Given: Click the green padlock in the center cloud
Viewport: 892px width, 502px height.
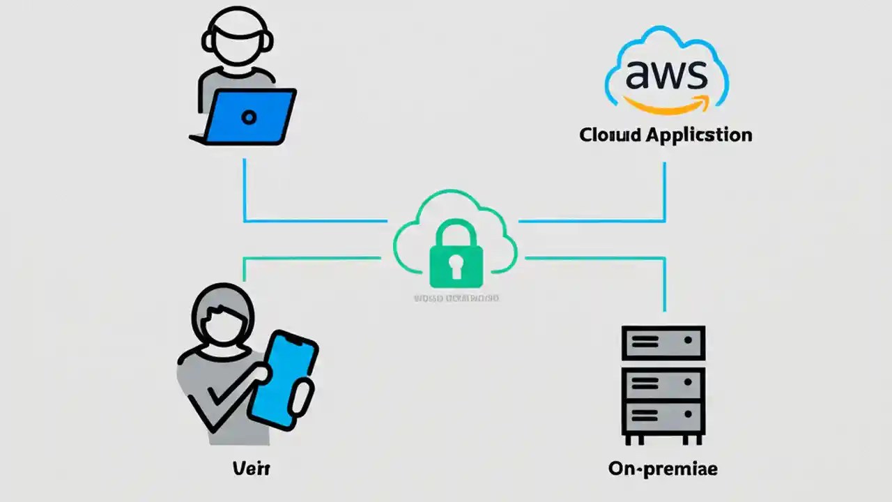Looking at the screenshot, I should pyautogui.click(x=455, y=257).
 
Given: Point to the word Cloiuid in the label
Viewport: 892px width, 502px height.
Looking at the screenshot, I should pyautogui.click(x=610, y=135).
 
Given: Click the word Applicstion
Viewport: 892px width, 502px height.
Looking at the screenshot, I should pyautogui.click(x=698, y=135).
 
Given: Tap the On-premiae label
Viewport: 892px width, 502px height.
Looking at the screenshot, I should pyautogui.click(x=662, y=469).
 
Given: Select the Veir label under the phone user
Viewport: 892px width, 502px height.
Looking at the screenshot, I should pyautogui.click(x=251, y=469).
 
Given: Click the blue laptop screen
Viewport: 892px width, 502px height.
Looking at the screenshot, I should pyautogui.click(x=249, y=116).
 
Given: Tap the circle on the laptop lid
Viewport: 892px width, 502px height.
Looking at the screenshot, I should pyautogui.click(x=249, y=117).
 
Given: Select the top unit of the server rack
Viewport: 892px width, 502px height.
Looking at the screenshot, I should pyautogui.click(x=663, y=342).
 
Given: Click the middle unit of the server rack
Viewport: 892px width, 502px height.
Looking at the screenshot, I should pyautogui.click(x=663, y=382).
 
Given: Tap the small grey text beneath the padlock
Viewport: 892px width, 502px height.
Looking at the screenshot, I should pyautogui.click(x=456, y=298).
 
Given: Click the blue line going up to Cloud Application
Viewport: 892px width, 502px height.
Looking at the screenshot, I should pyautogui.click(x=664, y=192).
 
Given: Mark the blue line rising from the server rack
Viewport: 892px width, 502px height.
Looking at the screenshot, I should pyautogui.click(x=664, y=286).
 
